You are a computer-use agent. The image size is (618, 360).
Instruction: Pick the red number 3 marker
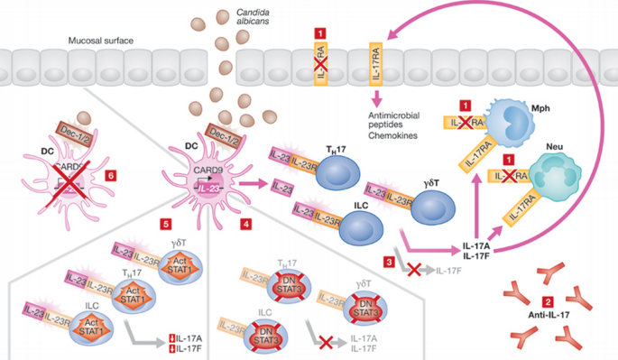[389, 262]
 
